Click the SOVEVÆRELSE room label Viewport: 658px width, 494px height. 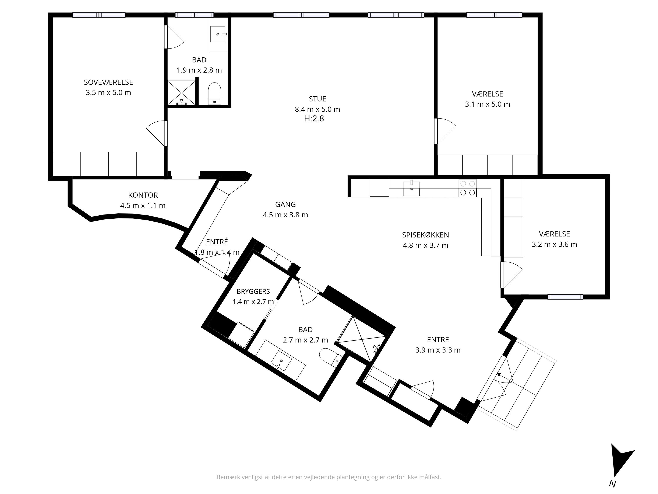pos(108,82)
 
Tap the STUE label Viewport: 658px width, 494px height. pos(317,99)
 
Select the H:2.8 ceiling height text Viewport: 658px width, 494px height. pos(314,119)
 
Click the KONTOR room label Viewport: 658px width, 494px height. pos(143,195)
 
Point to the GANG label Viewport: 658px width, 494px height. pos(285,204)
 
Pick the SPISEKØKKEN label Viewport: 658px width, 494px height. pos(425,235)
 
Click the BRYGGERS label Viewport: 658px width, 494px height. pos(253,292)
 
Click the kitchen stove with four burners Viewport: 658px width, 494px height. pos(467,188)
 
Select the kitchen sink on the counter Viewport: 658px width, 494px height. pos(411,188)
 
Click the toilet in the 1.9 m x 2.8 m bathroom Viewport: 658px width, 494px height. pos(215,94)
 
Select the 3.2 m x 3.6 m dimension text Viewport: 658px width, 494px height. pos(554,244)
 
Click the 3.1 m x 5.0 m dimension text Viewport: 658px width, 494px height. pos(487,104)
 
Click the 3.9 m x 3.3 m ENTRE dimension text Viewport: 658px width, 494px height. pos(438,350)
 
